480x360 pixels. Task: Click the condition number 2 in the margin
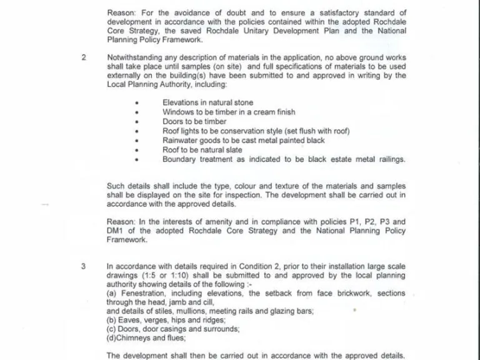[84, 57]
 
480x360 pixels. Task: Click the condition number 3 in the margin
[84, 266]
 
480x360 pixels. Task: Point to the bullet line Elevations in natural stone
[207, 103]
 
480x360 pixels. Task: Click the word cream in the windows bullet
[259, 112]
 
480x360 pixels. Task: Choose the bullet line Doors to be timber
[194, 122]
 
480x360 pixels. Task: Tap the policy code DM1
[116, 231]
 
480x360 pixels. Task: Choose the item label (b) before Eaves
[112, 321]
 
